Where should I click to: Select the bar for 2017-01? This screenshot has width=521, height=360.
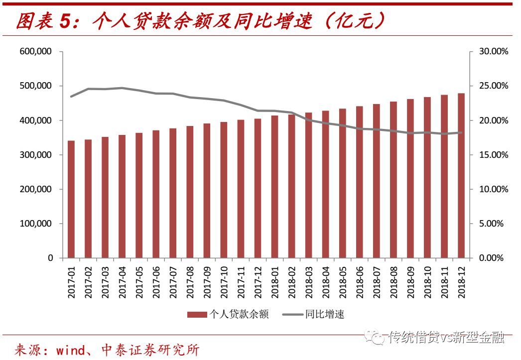pyautogui.click(x=71, y=199)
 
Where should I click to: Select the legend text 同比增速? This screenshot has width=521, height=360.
pyautogui.click(x=325, y=314)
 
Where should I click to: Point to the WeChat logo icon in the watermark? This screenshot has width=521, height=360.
pyautogui.click(x=378, y=338)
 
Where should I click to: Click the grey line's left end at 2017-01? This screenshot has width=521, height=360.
pyautogui.click(x=71, y=97)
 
